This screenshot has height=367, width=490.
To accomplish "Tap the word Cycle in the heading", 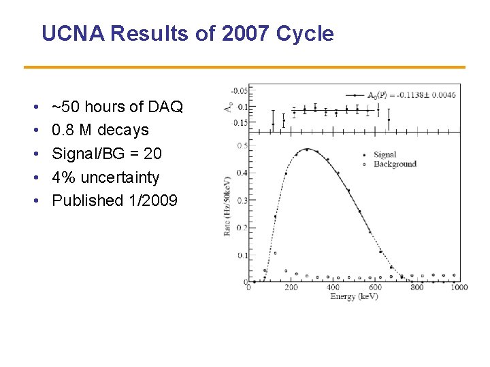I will pos(305,33).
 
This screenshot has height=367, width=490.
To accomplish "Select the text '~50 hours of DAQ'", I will pos(117,107).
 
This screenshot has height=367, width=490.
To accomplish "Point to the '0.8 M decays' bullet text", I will pos(100,130).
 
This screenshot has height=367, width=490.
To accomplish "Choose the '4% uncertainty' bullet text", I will pos(105,177).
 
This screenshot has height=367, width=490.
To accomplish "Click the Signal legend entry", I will pos(385,155).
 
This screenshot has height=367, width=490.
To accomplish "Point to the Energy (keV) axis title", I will pos(354,296).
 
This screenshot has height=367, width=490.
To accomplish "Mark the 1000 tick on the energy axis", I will pos(458,287).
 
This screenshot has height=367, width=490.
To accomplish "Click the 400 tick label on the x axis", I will pos(333,287).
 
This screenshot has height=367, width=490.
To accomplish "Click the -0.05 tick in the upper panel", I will pos(240,90).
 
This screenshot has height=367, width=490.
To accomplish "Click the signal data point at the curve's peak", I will pos(306,150).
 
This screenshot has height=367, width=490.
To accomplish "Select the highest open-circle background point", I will pos(275,253).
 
